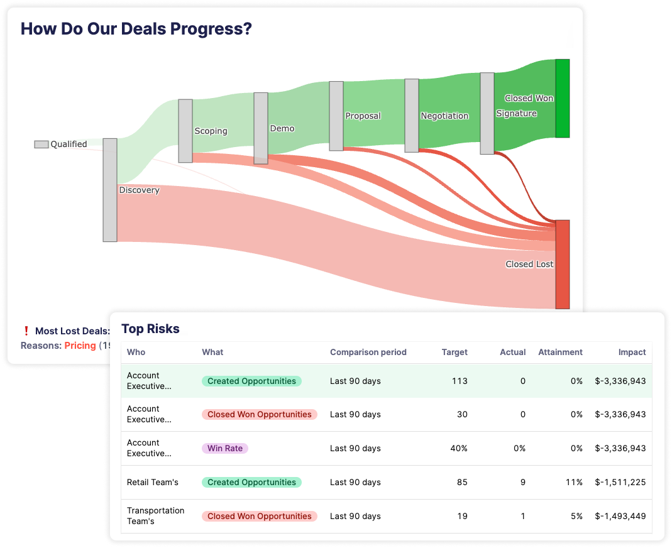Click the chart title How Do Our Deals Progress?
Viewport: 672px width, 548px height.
(136, 29)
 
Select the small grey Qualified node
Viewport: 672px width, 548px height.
(41, 145)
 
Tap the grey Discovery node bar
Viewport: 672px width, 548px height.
(110, 190)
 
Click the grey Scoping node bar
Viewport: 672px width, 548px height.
(185, 131)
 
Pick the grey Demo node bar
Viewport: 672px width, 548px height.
(261, 128)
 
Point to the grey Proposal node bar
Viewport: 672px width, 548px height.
(336, 116)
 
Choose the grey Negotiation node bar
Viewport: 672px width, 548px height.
(412, 116)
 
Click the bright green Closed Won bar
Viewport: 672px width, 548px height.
(562, 98)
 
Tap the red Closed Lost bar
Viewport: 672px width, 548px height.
(562, 265)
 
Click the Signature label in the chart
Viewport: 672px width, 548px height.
(516, 114)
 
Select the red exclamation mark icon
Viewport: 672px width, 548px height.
(26, 331)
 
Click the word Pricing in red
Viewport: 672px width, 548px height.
(80, 346)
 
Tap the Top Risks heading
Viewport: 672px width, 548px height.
(150, 329)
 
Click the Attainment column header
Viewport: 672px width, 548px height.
(560, 352)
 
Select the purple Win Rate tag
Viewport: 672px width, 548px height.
(225, 449)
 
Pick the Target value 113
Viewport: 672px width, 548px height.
(459, 381)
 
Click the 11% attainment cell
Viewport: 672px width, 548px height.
(573, 483)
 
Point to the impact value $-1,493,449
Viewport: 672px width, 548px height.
(620, 517)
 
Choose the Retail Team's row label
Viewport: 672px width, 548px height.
(153, 483)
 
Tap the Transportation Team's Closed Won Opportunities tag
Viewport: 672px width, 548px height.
(259, 517)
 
